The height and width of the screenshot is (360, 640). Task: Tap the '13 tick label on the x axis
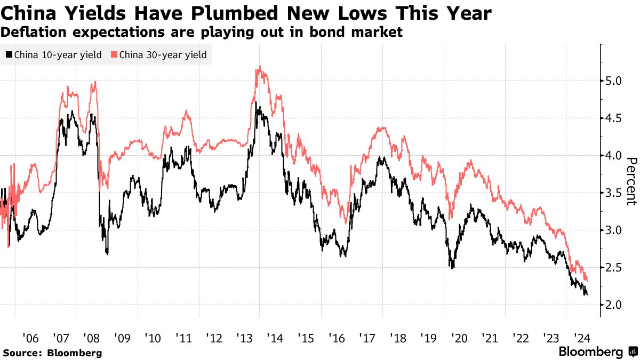pos(243,338)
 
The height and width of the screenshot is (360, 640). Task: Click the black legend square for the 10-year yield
pos(9,54)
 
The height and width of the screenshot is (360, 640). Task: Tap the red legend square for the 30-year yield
pos(114,54)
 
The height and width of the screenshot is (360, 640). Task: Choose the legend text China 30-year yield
pos(163,54)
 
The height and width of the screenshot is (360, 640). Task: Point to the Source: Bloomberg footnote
pos(52,353)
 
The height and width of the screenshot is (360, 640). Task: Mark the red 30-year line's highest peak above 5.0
pos(259,67)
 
